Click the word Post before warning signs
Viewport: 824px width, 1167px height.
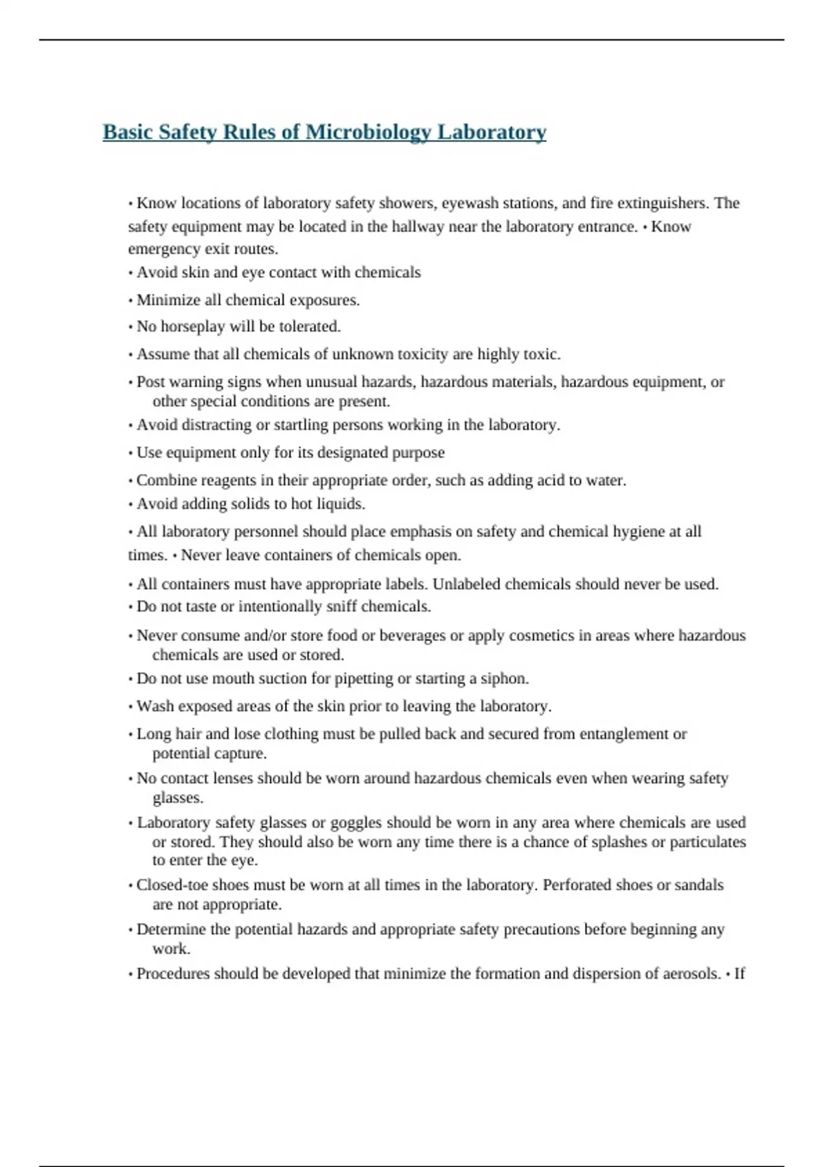(x=150, y=382)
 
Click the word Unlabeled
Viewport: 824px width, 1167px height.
(x=466, y=584)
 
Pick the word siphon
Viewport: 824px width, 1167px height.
(x=505, y=679)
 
